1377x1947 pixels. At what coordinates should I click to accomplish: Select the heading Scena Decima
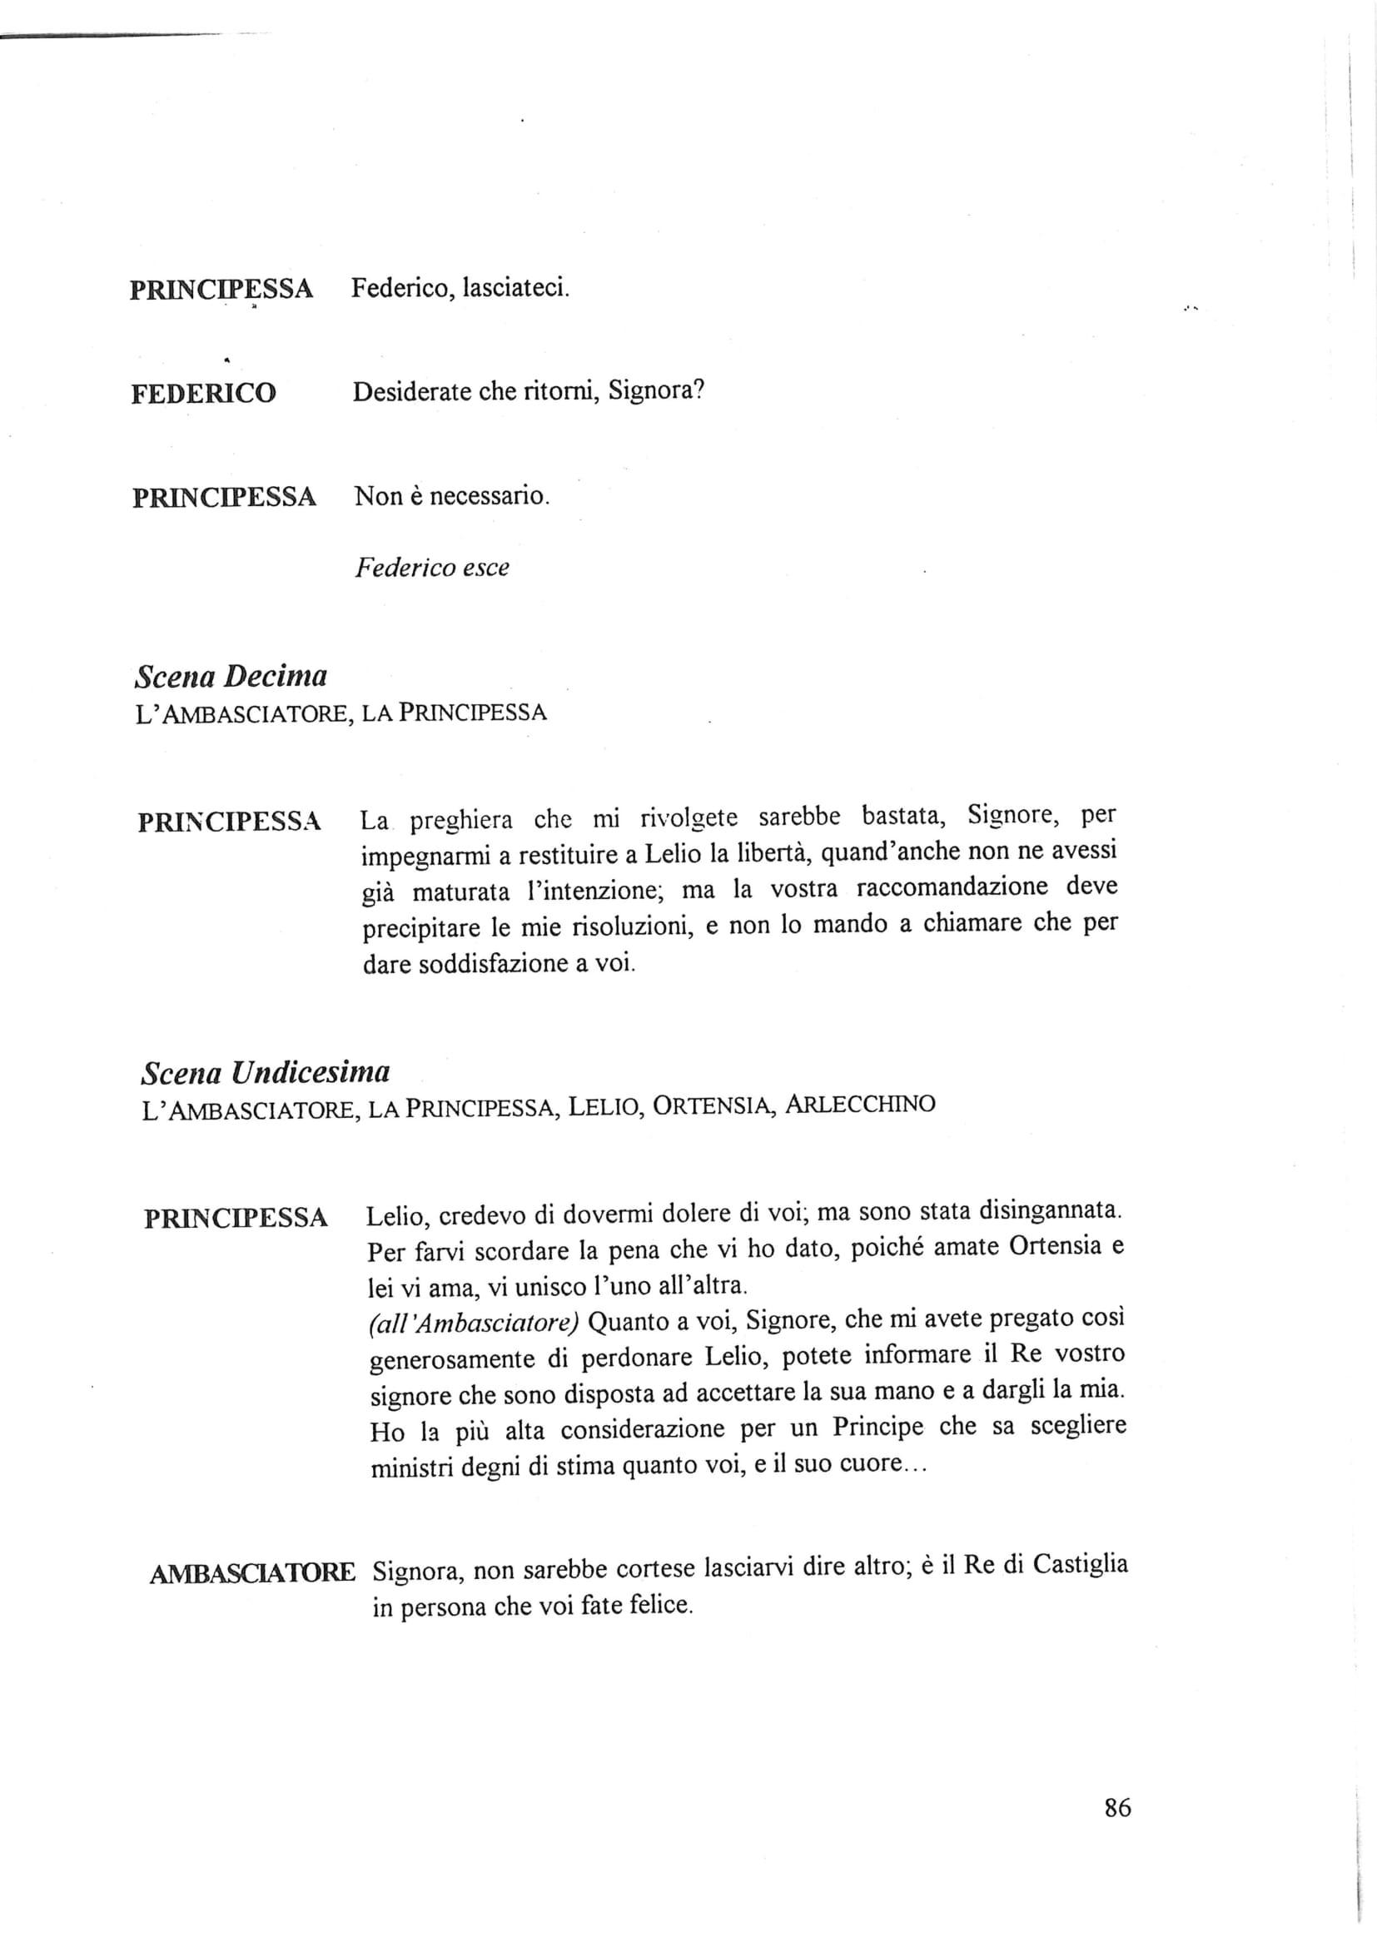231,677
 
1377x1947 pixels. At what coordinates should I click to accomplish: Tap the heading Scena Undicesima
266,1073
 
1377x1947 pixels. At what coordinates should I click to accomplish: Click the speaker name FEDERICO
203,394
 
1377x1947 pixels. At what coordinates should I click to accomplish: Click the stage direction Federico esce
431,568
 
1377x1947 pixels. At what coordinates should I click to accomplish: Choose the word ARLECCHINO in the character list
860,1104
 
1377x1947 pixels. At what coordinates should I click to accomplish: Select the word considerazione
642,1430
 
